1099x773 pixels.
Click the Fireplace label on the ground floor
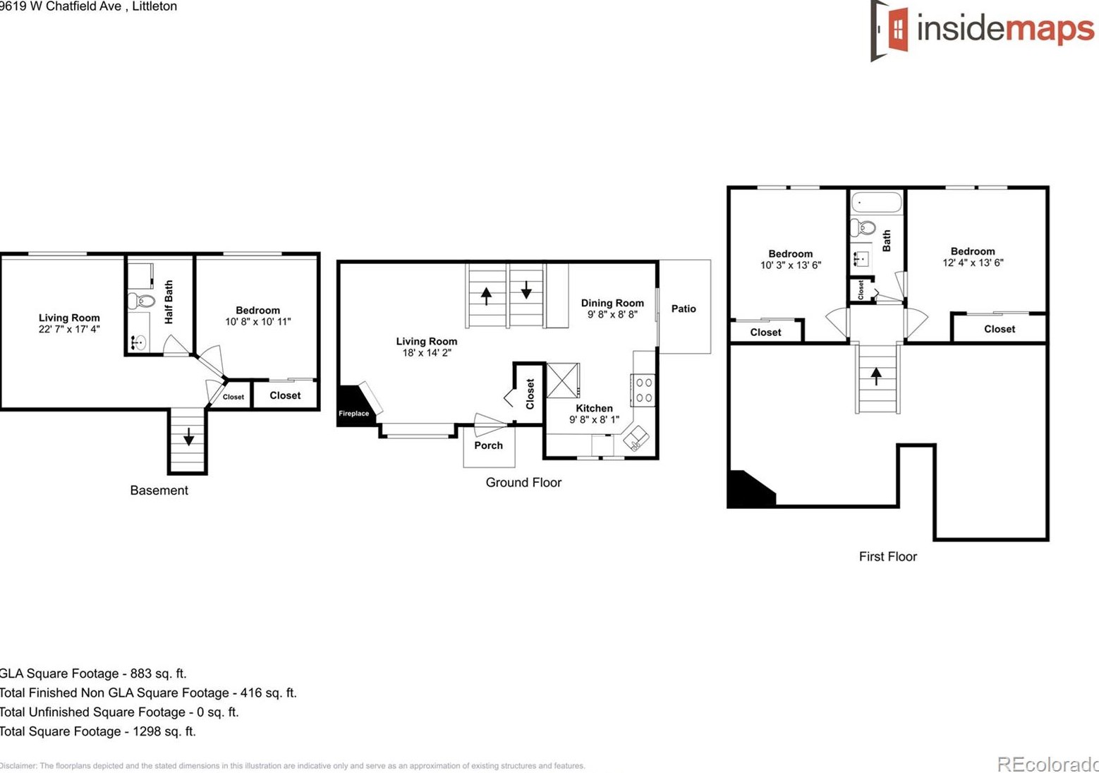tap(353, 413)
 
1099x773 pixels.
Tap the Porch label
tap(488, 445)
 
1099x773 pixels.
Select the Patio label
tap(683, 308)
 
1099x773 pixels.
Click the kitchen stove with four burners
tap(643, 390)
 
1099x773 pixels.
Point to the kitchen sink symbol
tap(636, 438)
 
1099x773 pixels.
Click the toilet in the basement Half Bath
tap(142, 301)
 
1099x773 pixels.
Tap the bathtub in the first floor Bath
tap(876, 203)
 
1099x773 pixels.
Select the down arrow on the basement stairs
tap(188, 437)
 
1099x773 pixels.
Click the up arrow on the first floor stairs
tap(876, 376)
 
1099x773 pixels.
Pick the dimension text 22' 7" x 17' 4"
tap(69, 329)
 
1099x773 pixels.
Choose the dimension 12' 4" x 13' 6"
tap(973, 263)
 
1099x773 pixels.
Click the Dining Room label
tap(612, 303)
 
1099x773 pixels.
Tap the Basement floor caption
tap(159, 491)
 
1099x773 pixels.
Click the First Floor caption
tap(887, 556)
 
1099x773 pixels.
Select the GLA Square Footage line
tap(93, 673)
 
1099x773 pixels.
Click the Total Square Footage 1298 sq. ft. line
tap(98, 731)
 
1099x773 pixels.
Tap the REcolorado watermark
tap(1047, 764)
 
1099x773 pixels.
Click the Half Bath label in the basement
tap(169, 302)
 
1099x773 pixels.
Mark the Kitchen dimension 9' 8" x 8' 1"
tap(594, 419)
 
